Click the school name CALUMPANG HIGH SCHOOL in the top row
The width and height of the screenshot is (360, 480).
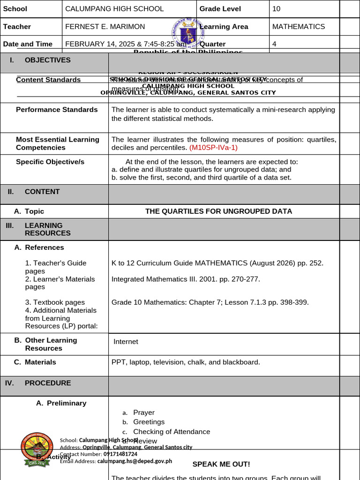pyautogui.click(x=114, y=9)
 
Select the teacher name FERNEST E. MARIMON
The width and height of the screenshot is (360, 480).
pyautogui.click(x=105, y=27)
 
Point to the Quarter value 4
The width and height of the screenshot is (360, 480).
pyautogui.click(x=274, y=44)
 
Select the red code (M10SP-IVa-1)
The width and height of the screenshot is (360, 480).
pyautogui.click(x=213, y=148)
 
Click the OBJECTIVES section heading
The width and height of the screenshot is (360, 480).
pyautogui.click(x=47, y=60)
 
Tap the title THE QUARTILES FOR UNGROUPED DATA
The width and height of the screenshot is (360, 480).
pyautogui.click(x=218, y=211)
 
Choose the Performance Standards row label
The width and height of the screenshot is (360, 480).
pyautogui.click(x=57, y=110)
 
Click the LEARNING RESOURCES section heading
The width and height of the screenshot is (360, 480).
pyautogui.click(x=47, y=229)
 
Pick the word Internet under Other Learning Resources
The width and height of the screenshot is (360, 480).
pyautogui.click(x=126, y=342)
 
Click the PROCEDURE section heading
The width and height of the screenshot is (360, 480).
pyautogui.click(x=47, y=383)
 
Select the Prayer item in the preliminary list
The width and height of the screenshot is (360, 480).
pyautogui.click(x=143, y=412)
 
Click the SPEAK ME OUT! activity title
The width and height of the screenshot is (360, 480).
pyautogui.click(x=221, y=464)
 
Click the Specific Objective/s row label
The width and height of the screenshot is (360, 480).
pyautogui.click(x=50, y=162)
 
